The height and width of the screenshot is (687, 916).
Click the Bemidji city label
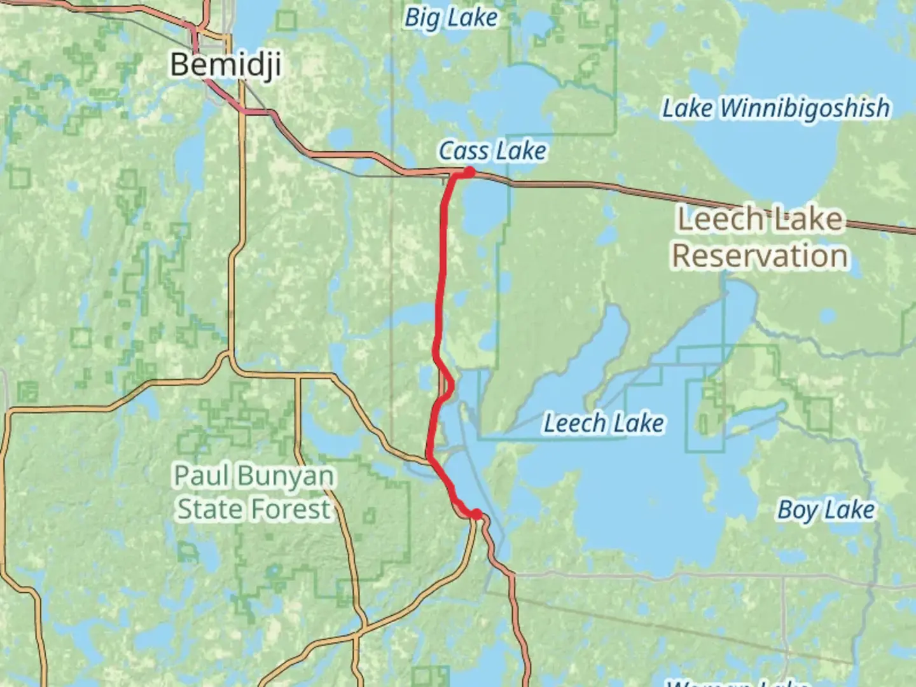(x=225, y=65)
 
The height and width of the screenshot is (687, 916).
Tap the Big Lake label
(x=451, y=18)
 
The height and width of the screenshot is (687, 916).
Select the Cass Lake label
(x=492, y=151)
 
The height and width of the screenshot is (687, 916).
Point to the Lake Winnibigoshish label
(x=776, y=108)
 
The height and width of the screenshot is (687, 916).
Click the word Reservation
(x=760, y=256)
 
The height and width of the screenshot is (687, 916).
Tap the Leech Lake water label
(x=604, y=424)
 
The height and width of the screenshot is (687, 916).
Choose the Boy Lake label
(x=826, y=510)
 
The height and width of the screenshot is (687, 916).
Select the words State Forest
(x=254, y=510)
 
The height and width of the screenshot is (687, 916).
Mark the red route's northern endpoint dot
(x=469, y=172)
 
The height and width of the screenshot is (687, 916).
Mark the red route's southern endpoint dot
(x=476, y=514)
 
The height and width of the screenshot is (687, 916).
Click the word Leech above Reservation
(x=719, y=219)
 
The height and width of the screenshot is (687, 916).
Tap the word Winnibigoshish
(x=805, y=108)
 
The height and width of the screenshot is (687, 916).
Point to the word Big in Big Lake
(x=422, y=18)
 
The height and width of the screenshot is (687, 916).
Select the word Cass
(x=463, y=151)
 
